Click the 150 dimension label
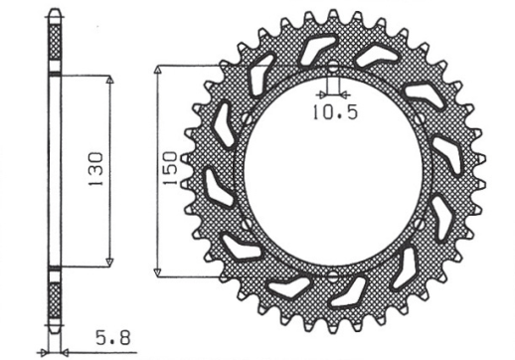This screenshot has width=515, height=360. pos(170,169)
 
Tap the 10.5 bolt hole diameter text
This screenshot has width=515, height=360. pos(333,112)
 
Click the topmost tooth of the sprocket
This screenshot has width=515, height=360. pos(333,17)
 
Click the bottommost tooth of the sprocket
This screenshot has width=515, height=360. pos(333,327)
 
